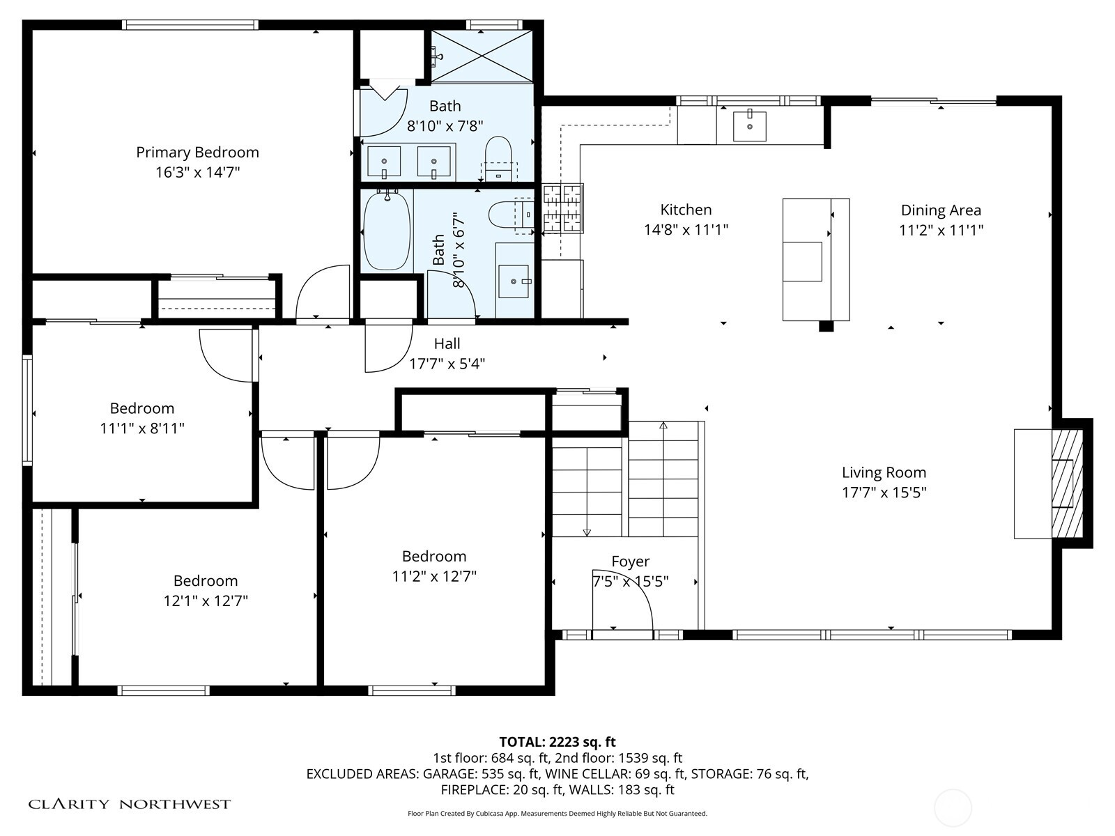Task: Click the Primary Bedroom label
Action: pos(198,153)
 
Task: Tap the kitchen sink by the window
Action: pos(749,125)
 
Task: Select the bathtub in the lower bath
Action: pos(387,231)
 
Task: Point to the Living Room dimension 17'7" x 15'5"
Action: pos(884,493)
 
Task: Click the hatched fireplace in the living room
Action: pos(1067,483)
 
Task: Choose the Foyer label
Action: pos(631,562)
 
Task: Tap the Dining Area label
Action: pos(941,210)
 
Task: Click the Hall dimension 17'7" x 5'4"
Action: pos(447,364)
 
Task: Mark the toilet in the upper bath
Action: pos(498,158)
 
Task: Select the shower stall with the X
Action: pos(482,56)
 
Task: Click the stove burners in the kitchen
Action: pos(563,208)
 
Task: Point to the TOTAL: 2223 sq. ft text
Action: pos(557,742)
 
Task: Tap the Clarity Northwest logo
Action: pos(129,804)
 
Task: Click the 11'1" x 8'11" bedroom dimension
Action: pos(141,428)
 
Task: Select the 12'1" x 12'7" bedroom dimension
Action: pos(205,601)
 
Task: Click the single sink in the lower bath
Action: pos(514,281)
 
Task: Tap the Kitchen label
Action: pos(686,210)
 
